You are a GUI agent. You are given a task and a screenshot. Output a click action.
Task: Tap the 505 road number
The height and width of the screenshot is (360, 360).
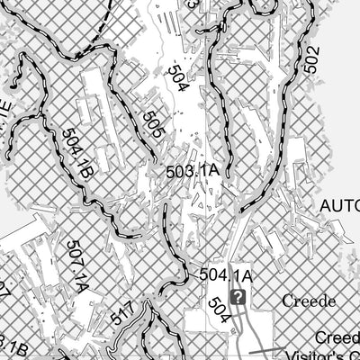[x=152, y=123]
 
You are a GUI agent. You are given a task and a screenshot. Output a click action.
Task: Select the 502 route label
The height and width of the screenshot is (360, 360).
[x=311, y=59]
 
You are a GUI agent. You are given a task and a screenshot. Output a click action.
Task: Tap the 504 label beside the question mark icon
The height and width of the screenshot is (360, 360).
[x=218, y=310]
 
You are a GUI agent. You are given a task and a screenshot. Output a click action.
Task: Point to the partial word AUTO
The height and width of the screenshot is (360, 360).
[x=340, y=205]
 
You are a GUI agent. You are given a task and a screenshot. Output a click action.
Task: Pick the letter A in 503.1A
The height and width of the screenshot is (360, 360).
[x=215, y=170]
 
